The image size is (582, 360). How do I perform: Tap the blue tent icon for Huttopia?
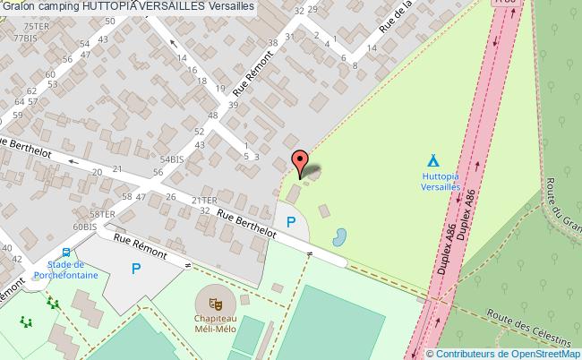tap(433, 160)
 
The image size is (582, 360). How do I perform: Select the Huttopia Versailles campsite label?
tap(440, 183)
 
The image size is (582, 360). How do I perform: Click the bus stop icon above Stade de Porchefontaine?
tap(65, 253)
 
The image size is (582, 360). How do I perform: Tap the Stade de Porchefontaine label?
tap(65, 270)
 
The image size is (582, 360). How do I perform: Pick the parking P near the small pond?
tap(290, 221)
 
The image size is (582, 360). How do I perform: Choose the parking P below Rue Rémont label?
tap(136, 267)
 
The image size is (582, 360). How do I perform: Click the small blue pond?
tap(340, 237)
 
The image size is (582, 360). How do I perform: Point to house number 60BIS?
tap(85, 227)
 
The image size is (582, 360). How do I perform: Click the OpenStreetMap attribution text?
tap(503, 353)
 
